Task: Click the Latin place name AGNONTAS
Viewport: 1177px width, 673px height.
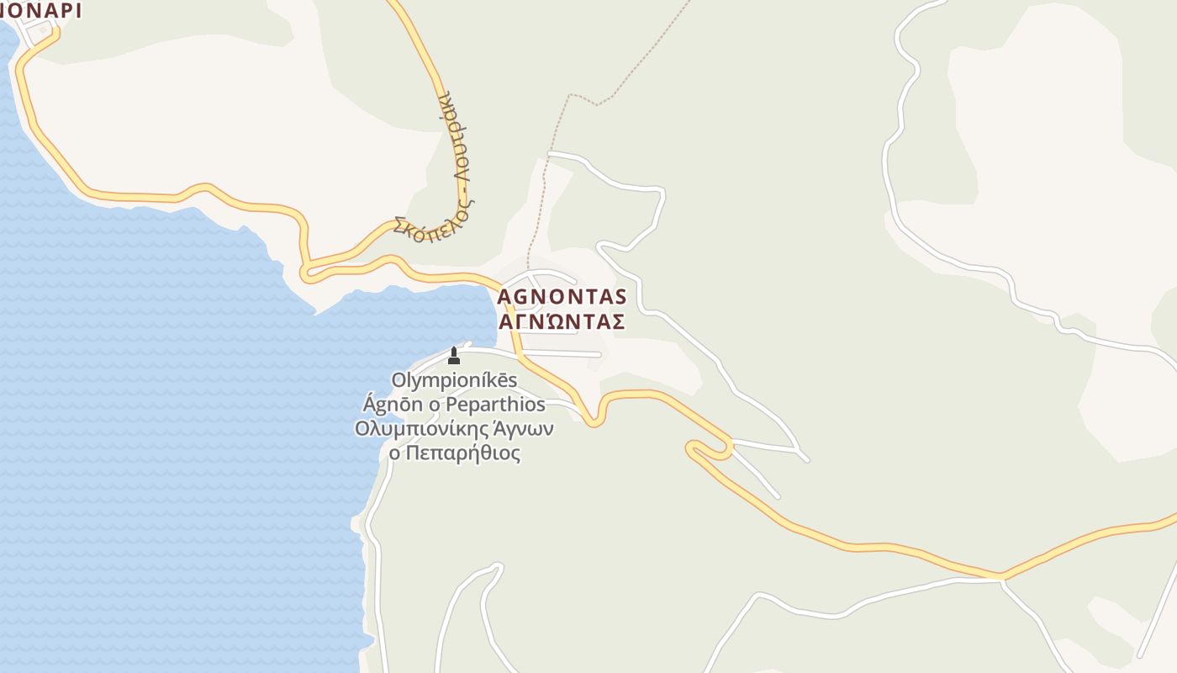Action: [562, 297]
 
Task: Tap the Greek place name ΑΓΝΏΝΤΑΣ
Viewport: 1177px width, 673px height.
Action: [562, 322]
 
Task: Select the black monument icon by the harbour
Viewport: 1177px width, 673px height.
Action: [454, 355]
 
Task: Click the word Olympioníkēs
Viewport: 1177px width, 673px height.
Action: [454, 381]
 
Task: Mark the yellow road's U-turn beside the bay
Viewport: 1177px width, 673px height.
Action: [307, 272]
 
